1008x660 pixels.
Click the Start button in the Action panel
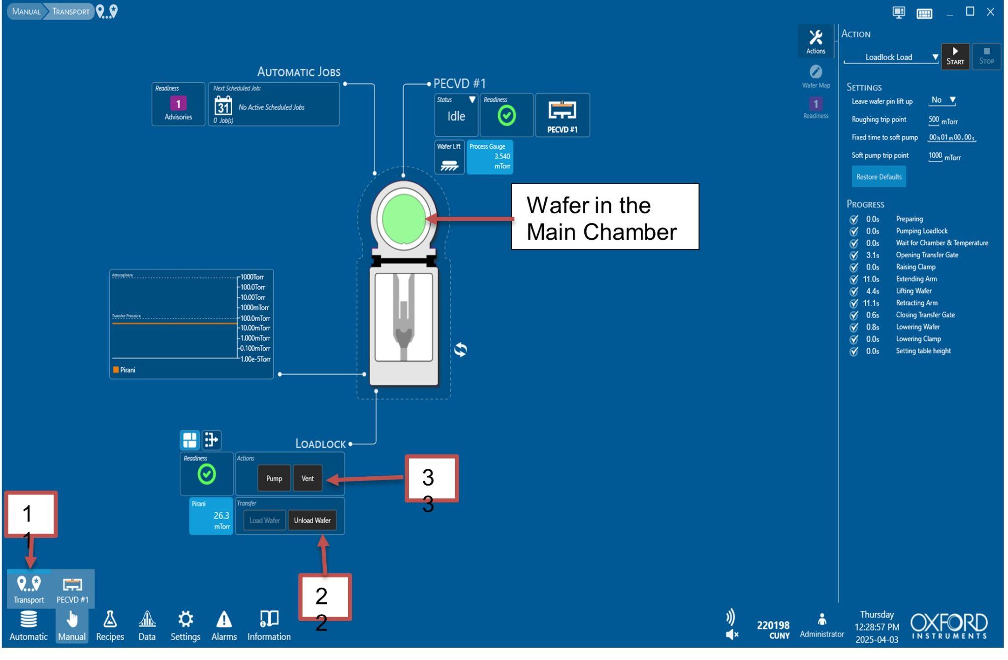coord(955,57)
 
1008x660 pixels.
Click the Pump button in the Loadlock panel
coord(274,478)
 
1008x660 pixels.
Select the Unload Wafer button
coord(312,520)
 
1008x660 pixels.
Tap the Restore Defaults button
coord(879,177)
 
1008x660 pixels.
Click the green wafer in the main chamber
coord(404,219)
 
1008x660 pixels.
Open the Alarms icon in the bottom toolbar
coord(224,626)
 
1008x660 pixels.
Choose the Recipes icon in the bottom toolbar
coord(110,626)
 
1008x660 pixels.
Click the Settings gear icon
coord(186,619)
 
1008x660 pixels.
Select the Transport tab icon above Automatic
coord(29,588)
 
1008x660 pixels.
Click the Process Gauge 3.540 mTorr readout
coord(490,157)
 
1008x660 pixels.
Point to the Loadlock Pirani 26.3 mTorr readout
coord(211,516)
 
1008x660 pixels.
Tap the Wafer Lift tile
coord(449,157)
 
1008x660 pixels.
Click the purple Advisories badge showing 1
coord(178,103)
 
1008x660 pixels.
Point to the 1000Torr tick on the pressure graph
coord(252,277)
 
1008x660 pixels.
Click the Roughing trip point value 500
coord(933,120)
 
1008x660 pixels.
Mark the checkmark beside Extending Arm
coord(854,279)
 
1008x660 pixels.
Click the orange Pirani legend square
coord(116,370)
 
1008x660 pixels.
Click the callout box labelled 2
coord(325,597)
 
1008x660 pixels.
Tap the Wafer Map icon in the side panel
coord(816,72)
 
